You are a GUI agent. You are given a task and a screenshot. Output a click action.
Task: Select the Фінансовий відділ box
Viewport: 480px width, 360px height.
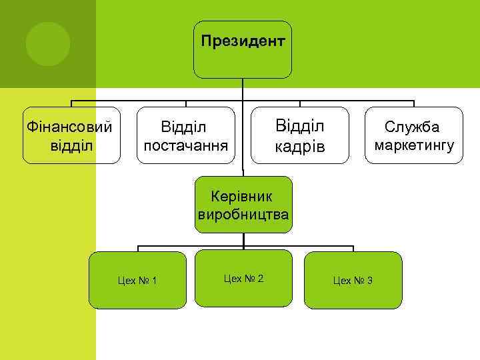[x=71, y=135]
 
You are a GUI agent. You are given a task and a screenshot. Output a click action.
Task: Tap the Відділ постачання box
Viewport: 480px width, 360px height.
[x=186, y=135]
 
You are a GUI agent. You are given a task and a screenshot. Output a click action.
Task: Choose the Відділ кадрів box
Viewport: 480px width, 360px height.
[x=301, y=135]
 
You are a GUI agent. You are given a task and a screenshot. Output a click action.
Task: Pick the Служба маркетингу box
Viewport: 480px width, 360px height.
[x=414, y=135]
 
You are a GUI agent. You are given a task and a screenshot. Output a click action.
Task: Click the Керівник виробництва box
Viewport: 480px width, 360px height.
[x=243, y=205]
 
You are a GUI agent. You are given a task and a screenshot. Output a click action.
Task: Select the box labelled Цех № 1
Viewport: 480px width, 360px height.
[x=138, y=280]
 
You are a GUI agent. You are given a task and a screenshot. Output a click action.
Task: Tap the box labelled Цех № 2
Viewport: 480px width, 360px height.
[x=243, y=278]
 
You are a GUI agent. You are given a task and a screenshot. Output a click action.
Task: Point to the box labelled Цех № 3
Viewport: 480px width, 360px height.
[x=353, y=280]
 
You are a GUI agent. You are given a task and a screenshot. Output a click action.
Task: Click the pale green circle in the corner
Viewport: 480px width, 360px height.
[x=48, y=44]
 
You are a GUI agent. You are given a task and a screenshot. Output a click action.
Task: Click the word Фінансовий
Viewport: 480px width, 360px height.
[x=67, y=126]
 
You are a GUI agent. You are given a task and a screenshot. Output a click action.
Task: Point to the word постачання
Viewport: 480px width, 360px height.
[x=186, y=145]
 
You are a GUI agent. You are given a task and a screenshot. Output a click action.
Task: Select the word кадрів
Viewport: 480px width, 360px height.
[x=301, y=146]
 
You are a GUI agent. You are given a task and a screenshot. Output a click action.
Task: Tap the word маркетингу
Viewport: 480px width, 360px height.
[x=414, y=145]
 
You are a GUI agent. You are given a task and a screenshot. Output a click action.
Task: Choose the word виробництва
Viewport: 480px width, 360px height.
[x=243, y=215]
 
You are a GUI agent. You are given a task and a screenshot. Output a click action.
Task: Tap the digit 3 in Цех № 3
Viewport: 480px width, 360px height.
[x=369, y=281]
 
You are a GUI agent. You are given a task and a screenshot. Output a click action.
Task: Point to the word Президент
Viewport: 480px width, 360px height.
[x=243, y=41]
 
